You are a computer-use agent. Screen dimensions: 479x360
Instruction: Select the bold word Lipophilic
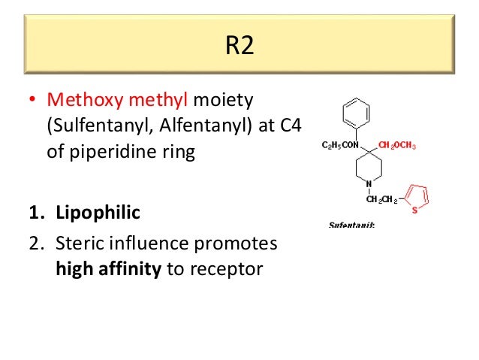[x=98, y=213]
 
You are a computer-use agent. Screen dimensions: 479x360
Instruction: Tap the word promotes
[x=239, y=244]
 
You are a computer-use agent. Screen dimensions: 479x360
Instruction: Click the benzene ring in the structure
[x=356, y=115]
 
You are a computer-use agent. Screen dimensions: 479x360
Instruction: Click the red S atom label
[x=414, y=210]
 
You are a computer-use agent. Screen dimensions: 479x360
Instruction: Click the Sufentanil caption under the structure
[x=351, y=225]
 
